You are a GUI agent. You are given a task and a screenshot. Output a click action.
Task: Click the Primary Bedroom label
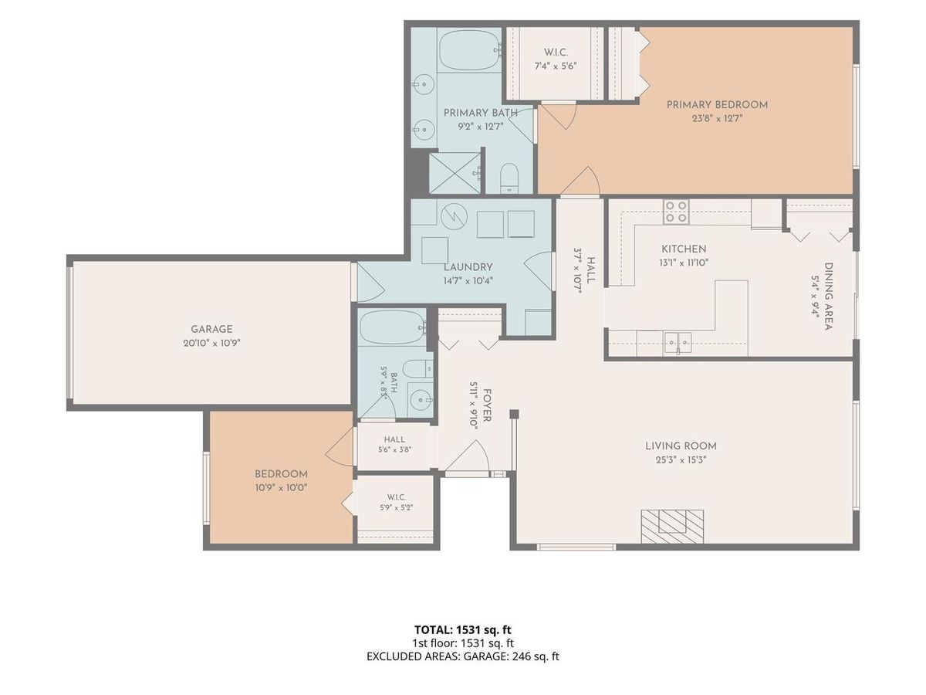pos(717,105)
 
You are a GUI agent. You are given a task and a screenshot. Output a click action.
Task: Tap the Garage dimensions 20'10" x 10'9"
pos(211,343)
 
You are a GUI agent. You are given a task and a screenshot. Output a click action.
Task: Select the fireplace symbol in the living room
pos(672,527)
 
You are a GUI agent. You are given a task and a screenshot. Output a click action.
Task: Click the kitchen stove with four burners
pos(676,212)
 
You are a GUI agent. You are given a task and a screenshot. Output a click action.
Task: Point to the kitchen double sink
pos(678,343)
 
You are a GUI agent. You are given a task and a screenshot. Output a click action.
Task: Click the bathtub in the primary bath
pos(468,50)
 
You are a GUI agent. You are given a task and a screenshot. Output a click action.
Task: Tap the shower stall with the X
pos(455,173)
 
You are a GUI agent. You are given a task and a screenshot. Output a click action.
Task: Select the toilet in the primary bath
pos(509,178)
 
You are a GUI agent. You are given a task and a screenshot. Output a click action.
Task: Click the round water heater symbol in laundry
pos(454,217)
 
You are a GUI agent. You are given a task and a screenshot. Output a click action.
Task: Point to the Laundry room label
pos(468,267)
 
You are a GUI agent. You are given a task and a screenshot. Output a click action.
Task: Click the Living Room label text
pos(681,446)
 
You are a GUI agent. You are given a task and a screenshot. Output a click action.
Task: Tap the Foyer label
pos(486,405)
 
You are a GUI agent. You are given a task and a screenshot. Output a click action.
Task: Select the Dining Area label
pos(829,297)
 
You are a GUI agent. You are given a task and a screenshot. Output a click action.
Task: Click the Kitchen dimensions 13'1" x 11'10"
pos(684,263)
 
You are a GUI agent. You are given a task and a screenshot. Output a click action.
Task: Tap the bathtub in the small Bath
pos(392,327)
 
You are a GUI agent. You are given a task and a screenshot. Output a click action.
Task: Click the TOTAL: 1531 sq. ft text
pos(463,629)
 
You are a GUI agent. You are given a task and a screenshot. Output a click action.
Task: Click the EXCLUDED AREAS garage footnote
pos(463,656)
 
